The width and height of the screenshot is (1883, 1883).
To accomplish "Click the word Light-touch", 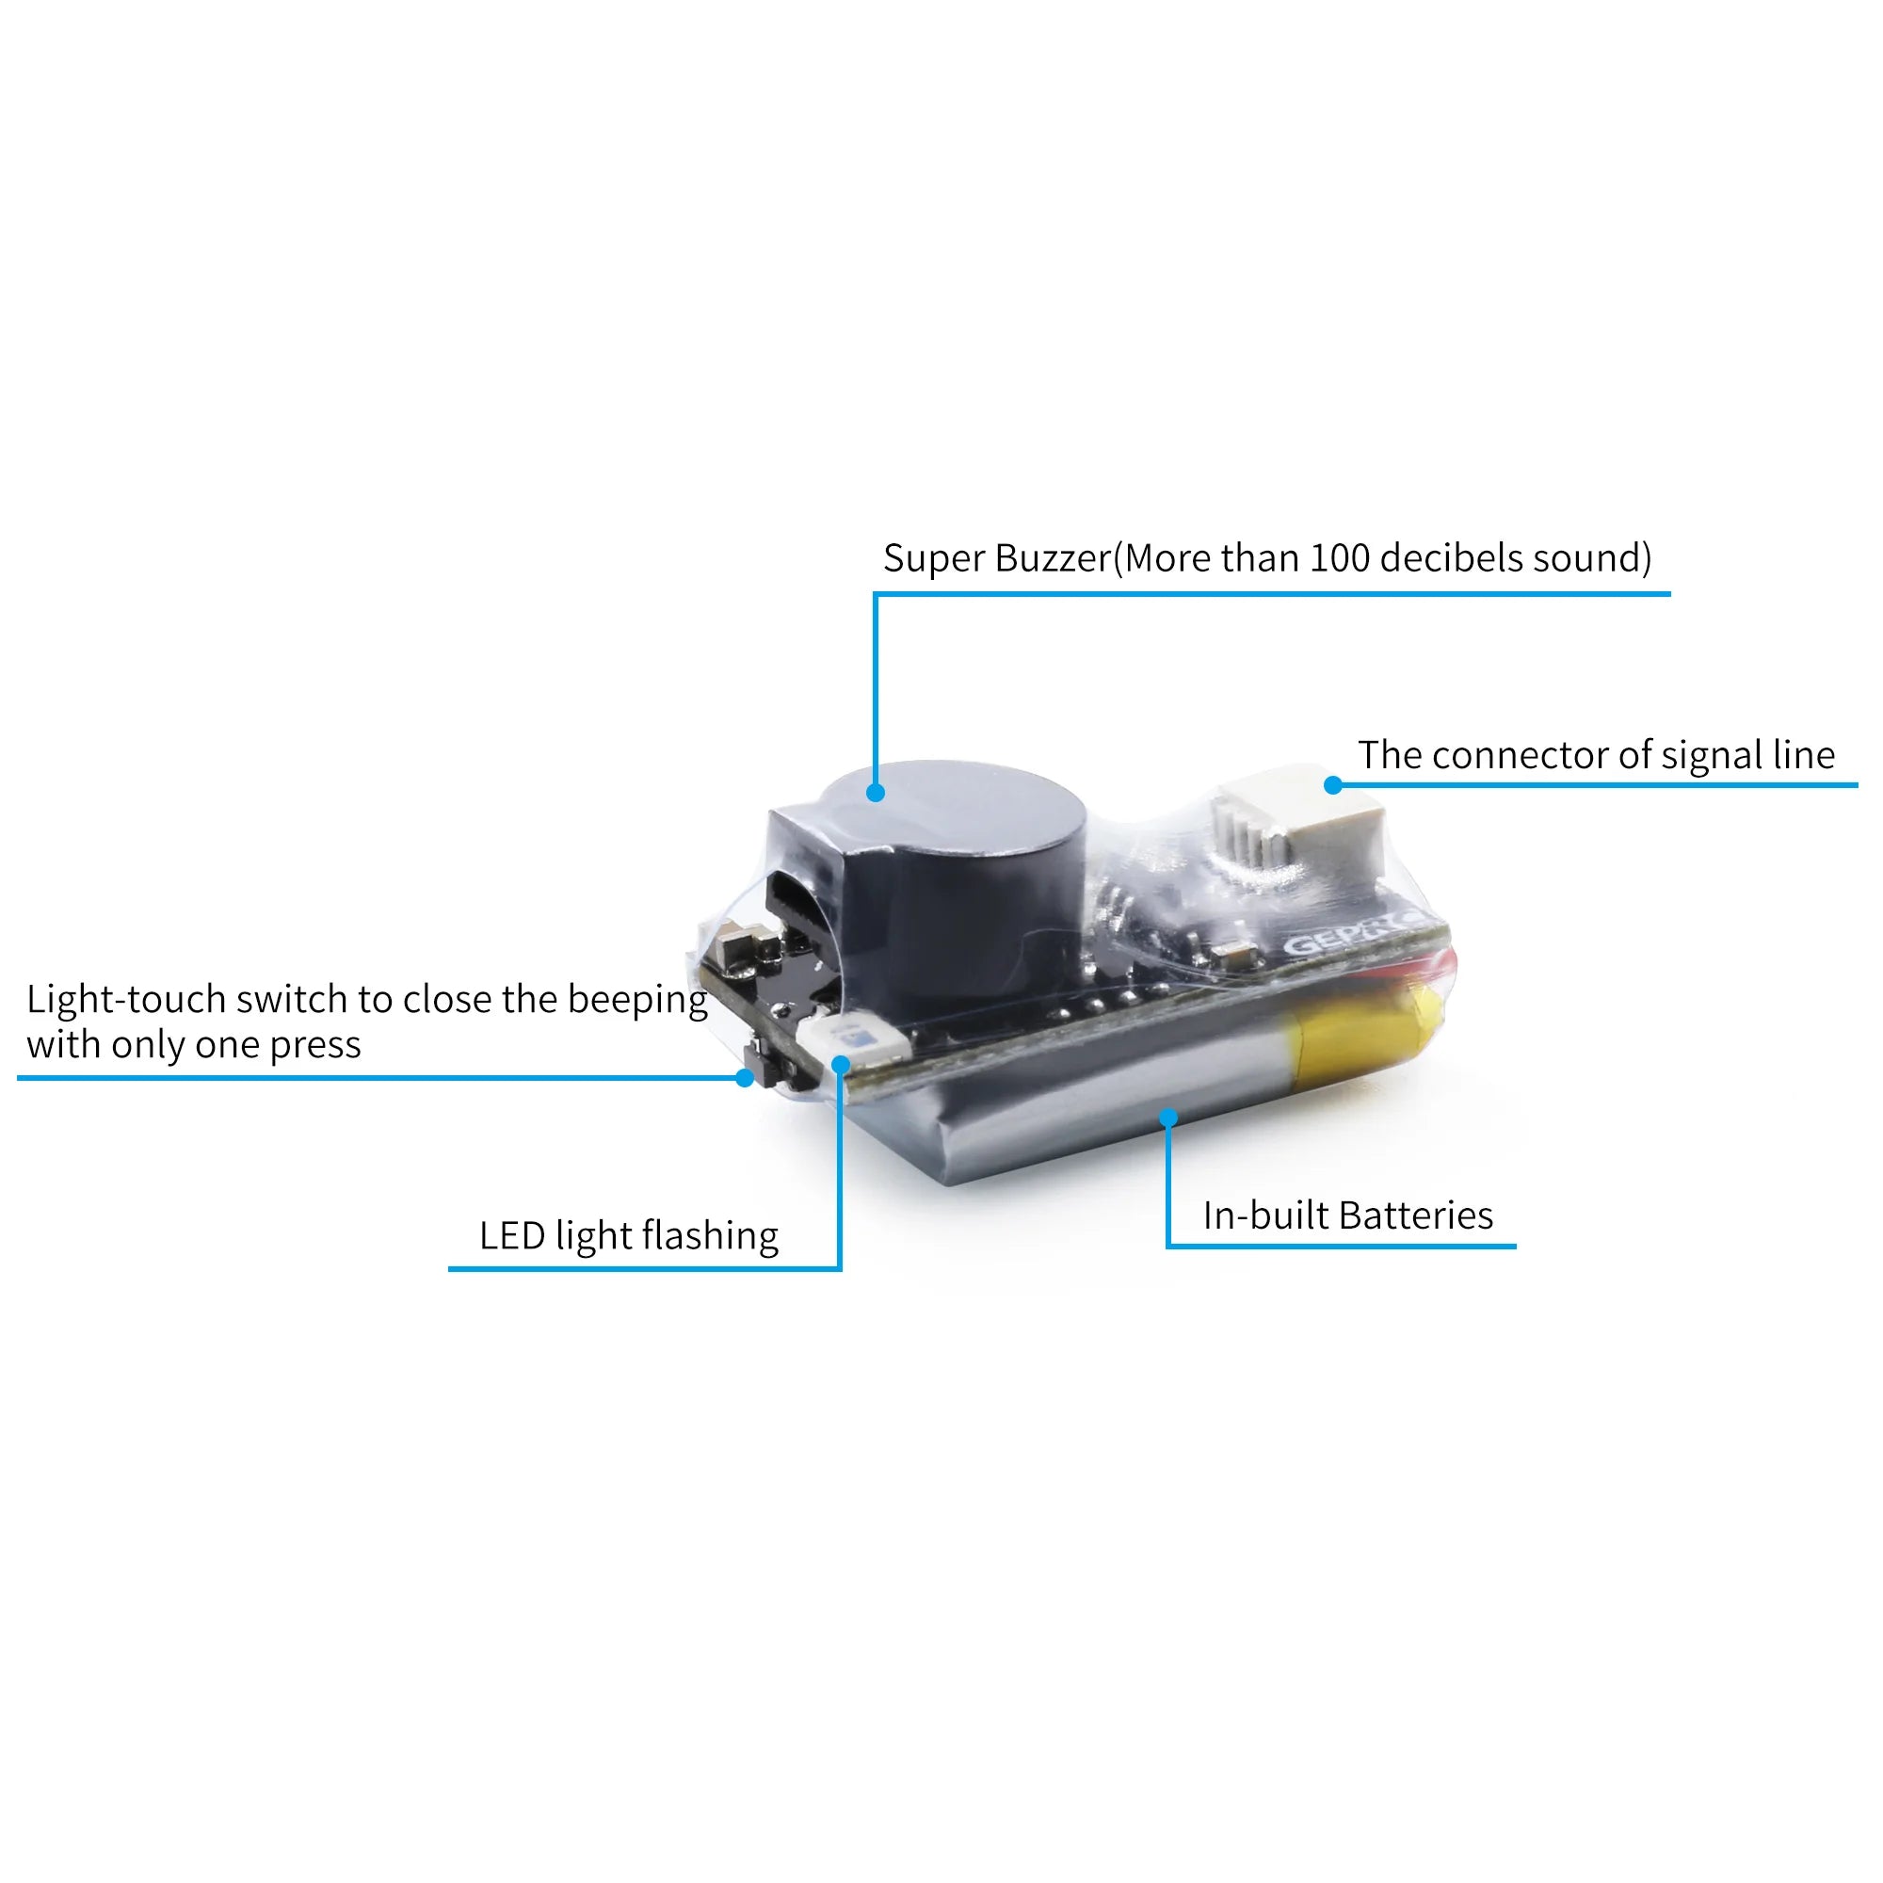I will tap(126, 1000).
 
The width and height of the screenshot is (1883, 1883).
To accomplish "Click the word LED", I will tap(511, 1236).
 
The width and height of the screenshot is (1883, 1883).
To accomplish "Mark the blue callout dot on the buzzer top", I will tap(876, 794).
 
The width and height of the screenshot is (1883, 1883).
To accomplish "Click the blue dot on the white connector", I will tap(1333, 785).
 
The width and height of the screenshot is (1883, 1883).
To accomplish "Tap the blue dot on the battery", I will tap(1168, 1118).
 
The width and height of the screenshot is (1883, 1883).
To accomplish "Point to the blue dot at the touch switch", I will tap(745, 1078).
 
